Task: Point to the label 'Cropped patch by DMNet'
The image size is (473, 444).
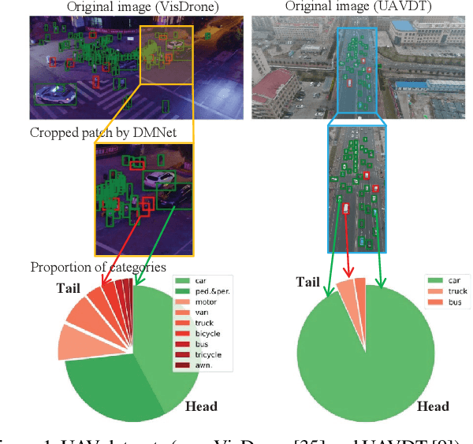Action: point(89,132)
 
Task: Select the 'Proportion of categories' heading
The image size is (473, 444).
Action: point(98,268)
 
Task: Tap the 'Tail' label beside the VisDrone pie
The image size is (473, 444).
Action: point(69,287)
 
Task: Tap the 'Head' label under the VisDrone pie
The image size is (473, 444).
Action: point(201,406)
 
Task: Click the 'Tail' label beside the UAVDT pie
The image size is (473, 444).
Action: point(308,281)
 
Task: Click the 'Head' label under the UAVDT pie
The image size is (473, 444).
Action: point(433,406)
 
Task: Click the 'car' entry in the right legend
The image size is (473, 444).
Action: point(454,279)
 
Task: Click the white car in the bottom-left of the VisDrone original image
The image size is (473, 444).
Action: point(55,94)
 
